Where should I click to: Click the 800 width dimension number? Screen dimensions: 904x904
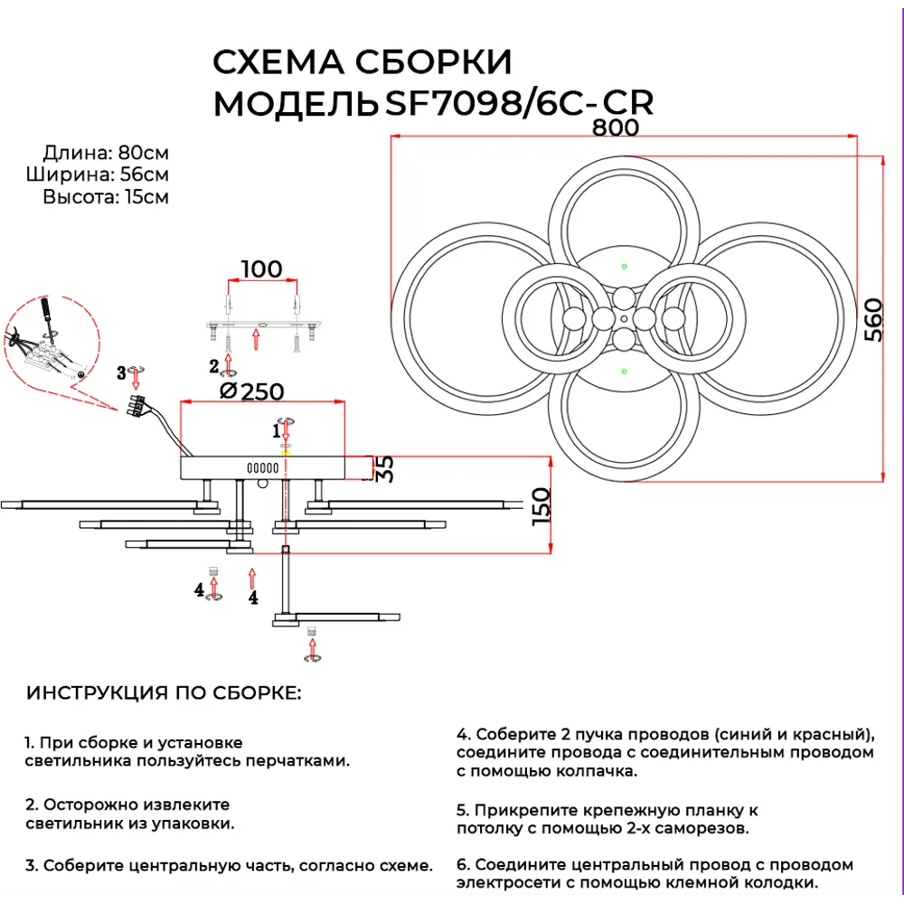coord(616,127)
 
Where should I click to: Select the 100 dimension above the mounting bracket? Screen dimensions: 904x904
coord(261,268)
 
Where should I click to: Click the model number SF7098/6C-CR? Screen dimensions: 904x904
coord(519,104)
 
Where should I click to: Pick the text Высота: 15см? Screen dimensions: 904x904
coord(106,196)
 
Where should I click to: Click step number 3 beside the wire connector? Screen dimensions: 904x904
coord(120,372)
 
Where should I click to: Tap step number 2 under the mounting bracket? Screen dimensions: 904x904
coord(214,366)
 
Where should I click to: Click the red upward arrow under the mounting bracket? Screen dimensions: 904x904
coord(256,340)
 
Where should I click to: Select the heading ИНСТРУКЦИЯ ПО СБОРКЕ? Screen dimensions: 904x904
coord(163,693)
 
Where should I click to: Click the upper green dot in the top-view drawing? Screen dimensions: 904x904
coord(624,266)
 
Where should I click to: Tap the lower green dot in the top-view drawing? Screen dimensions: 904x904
coord(624,371)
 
